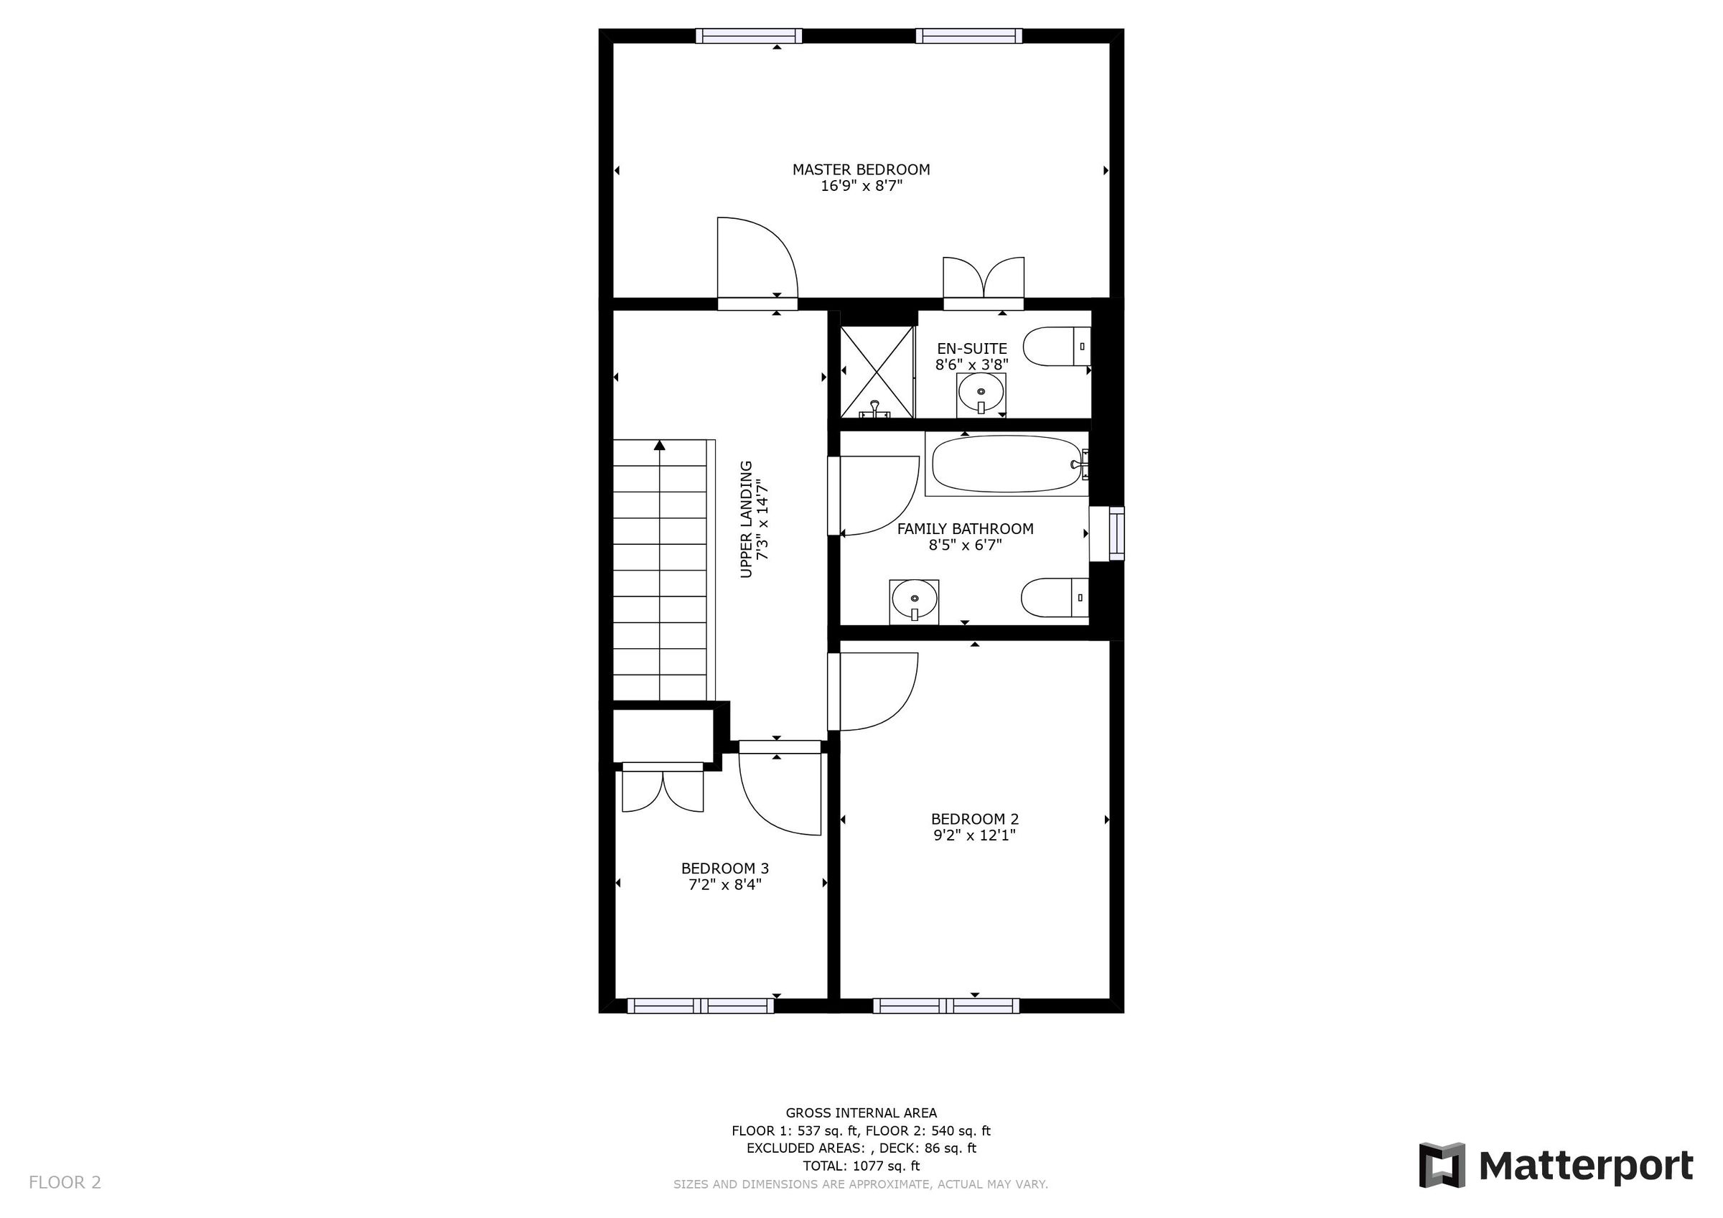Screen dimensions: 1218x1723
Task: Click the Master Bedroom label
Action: pyautogui.click(x=861, y=169)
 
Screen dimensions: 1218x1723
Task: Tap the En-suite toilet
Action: pyautogui.click(x=1055, y=346)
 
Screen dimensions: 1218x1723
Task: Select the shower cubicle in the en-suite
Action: pyautogui.click(x=877, y=372)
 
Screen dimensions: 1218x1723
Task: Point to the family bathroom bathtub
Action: pyautogui.click(x=1006, y=464)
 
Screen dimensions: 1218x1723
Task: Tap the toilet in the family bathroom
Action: pyautogui.click(x=1053, y=597)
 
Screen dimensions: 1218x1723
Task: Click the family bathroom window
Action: pyautogui.click(x=1116, y=533)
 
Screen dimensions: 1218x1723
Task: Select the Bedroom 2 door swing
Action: pyautogui.click(x=874, y=690)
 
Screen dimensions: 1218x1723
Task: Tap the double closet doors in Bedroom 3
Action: pyautogui.click(x=663, y=790)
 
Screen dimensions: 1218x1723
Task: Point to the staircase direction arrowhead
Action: pyautogui.click(x=660, y=446)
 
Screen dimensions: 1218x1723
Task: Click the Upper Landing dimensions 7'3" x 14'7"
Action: pyautogui.click(x=763, y=520)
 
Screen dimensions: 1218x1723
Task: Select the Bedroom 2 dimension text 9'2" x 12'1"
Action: pyautogui.click(x=974, y=835)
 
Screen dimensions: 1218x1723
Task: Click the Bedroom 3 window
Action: pyautogui.click(x=700, y=1006)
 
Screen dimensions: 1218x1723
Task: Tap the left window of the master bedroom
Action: pyautogui.click(x=748, y=35)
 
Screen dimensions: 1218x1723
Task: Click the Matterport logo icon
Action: pyautogui.click(x=1442, y=1166)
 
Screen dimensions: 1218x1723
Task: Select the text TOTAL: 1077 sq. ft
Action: pyautogui.click(x=861, y=1166)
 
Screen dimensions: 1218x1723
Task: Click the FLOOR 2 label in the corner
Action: pyautogui.click(x=65, y=1183)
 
